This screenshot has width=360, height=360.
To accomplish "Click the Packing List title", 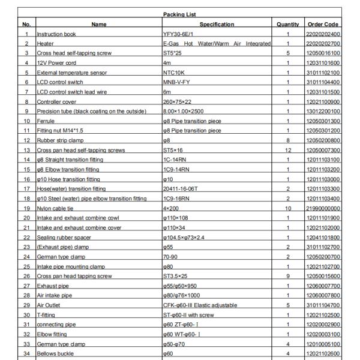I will pos(181,13).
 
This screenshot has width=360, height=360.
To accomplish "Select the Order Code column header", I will pos(323,24).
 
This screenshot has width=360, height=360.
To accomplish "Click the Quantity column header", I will pos(288,24).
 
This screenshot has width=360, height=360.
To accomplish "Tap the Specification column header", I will pos(217,24).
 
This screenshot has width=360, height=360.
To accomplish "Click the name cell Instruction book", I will pos(56,34).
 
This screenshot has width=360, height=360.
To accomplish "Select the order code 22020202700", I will pos(323,43).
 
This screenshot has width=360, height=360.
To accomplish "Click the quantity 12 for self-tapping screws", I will pos(288,149).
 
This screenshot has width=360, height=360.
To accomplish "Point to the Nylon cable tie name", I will pos(55,207).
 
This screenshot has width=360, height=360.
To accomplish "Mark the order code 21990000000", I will pos(323,207).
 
